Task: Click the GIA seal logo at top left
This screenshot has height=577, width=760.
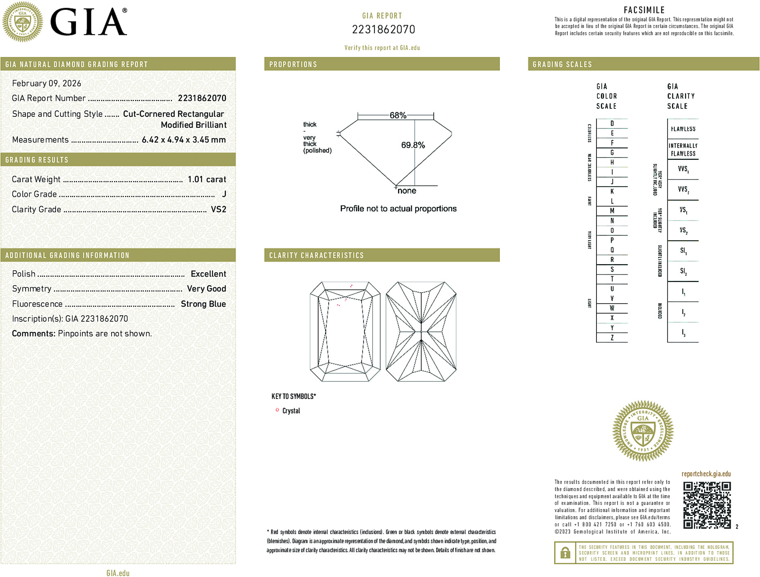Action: [22, 22]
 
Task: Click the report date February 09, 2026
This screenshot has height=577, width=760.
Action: [47, 83]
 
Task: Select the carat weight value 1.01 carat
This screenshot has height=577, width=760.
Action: [207, 179]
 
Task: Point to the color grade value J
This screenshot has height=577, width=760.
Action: [224, 194]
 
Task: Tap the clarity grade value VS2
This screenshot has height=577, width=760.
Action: [218, 209]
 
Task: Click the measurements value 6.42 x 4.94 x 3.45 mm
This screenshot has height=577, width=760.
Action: [183, 140]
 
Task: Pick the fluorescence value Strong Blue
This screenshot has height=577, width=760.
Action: [203, 304]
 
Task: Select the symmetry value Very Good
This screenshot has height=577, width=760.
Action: [206, 288]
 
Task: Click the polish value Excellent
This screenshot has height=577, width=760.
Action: [208, 274]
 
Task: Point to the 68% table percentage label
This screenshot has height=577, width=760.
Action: [398, 115]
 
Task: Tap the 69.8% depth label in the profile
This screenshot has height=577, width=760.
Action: [413, 145]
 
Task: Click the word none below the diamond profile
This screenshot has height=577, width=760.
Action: [407, 191]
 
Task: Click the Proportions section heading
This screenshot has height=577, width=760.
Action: [293, 65]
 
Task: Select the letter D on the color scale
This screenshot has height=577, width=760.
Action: [612, 123]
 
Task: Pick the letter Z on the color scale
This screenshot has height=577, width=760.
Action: [612, 338]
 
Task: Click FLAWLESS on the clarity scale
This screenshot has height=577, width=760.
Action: [683, 129]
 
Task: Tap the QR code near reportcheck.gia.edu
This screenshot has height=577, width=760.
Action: [706, 505]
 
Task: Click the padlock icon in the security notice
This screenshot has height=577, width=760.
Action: [565, 553]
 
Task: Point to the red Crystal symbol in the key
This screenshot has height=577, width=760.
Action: [277, 410]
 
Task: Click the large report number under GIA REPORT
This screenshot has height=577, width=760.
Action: [383, 30]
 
